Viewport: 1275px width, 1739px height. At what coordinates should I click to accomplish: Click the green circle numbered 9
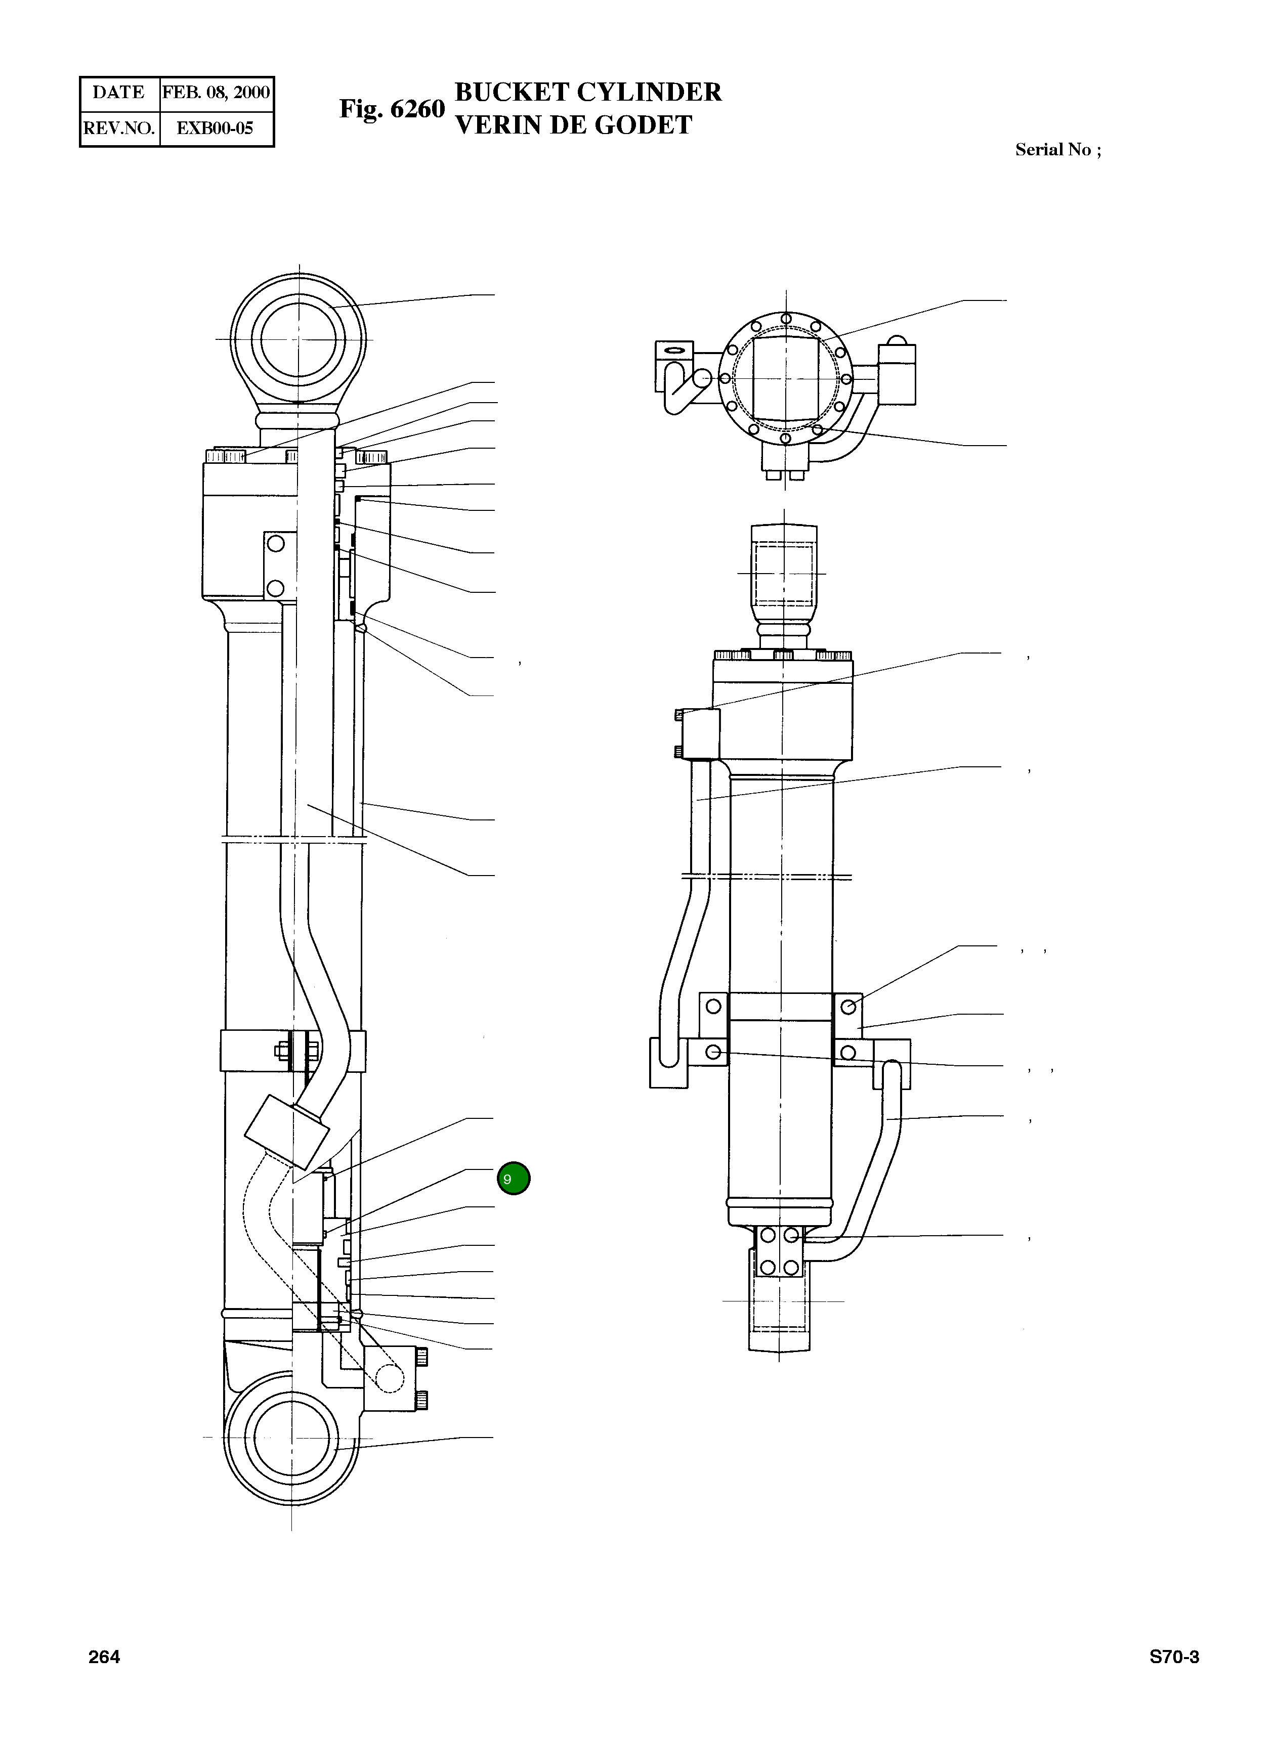click(x=513, y=1178)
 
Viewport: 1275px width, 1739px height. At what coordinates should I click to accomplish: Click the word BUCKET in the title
click(x=512, y=92)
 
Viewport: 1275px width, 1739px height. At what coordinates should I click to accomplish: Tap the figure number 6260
click(x=417, y=109)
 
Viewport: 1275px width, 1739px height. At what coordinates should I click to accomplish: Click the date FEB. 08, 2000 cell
click(x=216, y=93)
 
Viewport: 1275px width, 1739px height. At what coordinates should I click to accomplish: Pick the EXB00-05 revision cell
click(x=216, y=128)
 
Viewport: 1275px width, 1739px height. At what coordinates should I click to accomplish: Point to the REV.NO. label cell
click(x=119, y=128)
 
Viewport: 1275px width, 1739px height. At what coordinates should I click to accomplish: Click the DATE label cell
click(x=119, y=93)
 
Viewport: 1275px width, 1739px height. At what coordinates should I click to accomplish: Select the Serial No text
click(x=1057, y=150)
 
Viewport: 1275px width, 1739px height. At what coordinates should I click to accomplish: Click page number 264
click(x=104, y=1657)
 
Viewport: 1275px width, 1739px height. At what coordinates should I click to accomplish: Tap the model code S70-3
click(x=1174, y=1657)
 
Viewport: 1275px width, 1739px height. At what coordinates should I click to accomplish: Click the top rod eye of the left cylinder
click(x=299, y=339)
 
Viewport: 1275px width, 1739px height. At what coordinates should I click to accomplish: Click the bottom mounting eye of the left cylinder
click(x=292, y=1438)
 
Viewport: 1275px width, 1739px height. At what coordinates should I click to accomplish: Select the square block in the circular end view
click(x=786, y=379)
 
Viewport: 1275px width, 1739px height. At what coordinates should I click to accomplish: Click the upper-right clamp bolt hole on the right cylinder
click(x=848, y=1006)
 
